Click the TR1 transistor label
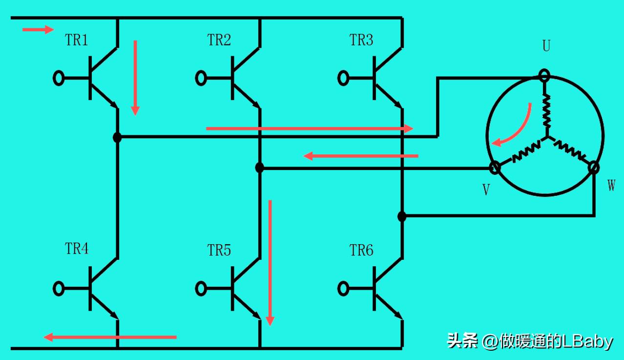point(77,41)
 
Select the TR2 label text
point(219,41)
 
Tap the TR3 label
point(361,41)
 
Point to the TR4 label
point(77,249)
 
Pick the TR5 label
point(219,251)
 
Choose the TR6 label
point(361,251)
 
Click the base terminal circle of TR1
point(59,78)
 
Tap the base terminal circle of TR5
point(201,288)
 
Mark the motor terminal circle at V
point(495,168)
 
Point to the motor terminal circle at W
point(593,168)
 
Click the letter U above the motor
point(546,46)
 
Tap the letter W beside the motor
point(611,186)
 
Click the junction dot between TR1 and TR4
point(117,137)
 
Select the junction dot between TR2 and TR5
point(259,168)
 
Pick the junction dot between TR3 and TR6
point(401,216)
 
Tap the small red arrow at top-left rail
point(38,30)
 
